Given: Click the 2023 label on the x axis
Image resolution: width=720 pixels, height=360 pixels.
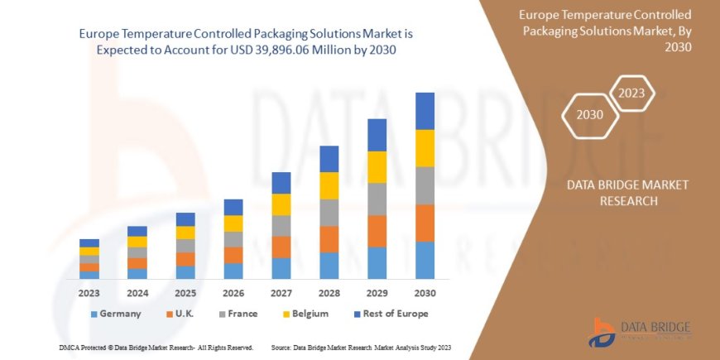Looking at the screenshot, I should (89, 293).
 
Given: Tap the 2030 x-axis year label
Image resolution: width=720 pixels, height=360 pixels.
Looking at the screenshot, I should (425, 293).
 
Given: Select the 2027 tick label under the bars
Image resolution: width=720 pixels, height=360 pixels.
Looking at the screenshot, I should (281, 293).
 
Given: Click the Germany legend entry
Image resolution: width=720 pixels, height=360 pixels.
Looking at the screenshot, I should (115, 314).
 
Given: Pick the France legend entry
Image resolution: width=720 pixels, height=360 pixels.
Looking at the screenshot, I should (238, 314).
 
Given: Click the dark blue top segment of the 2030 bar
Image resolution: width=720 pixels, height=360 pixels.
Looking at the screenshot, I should (425, 111).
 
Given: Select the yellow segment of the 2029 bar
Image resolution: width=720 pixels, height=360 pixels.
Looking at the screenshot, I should (377, 167).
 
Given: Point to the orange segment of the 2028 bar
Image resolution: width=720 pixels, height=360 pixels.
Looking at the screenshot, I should (329, 239).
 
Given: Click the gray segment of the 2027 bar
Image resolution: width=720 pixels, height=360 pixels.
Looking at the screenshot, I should (281, 226).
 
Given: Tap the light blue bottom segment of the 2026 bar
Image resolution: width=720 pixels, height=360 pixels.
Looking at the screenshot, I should (233, 271).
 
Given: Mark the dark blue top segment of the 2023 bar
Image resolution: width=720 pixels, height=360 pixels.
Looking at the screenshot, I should (89, 242).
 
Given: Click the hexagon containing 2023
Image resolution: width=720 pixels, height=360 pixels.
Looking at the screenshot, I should (631, 93).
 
